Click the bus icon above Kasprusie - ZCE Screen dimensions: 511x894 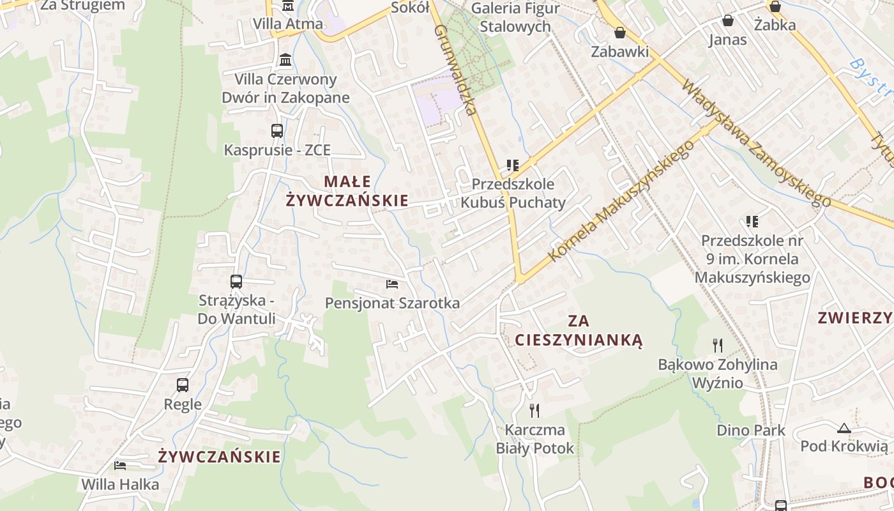[277, 131]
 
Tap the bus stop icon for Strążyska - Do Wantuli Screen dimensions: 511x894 [236, 281]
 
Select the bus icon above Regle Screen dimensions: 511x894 [183, 385]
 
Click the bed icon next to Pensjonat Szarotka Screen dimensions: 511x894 [392, 284]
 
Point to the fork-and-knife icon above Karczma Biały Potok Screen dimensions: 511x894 [534, 410]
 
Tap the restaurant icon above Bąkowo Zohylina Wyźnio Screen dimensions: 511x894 [718, 346]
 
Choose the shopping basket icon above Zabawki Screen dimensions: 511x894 [619, 33]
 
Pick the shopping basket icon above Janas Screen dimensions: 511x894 [727, 20]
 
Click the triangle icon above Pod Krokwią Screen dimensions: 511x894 [844, 428]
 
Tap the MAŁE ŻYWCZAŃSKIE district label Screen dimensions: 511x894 [347, 191]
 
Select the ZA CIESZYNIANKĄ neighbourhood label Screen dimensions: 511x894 [579, 330]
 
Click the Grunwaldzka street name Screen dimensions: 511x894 [455, 70]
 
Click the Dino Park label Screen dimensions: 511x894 [751, 430]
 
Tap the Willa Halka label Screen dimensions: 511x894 [120, 484]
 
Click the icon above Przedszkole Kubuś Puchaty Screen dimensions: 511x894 [512, 165]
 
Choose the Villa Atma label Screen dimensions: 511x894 [288, 24]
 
